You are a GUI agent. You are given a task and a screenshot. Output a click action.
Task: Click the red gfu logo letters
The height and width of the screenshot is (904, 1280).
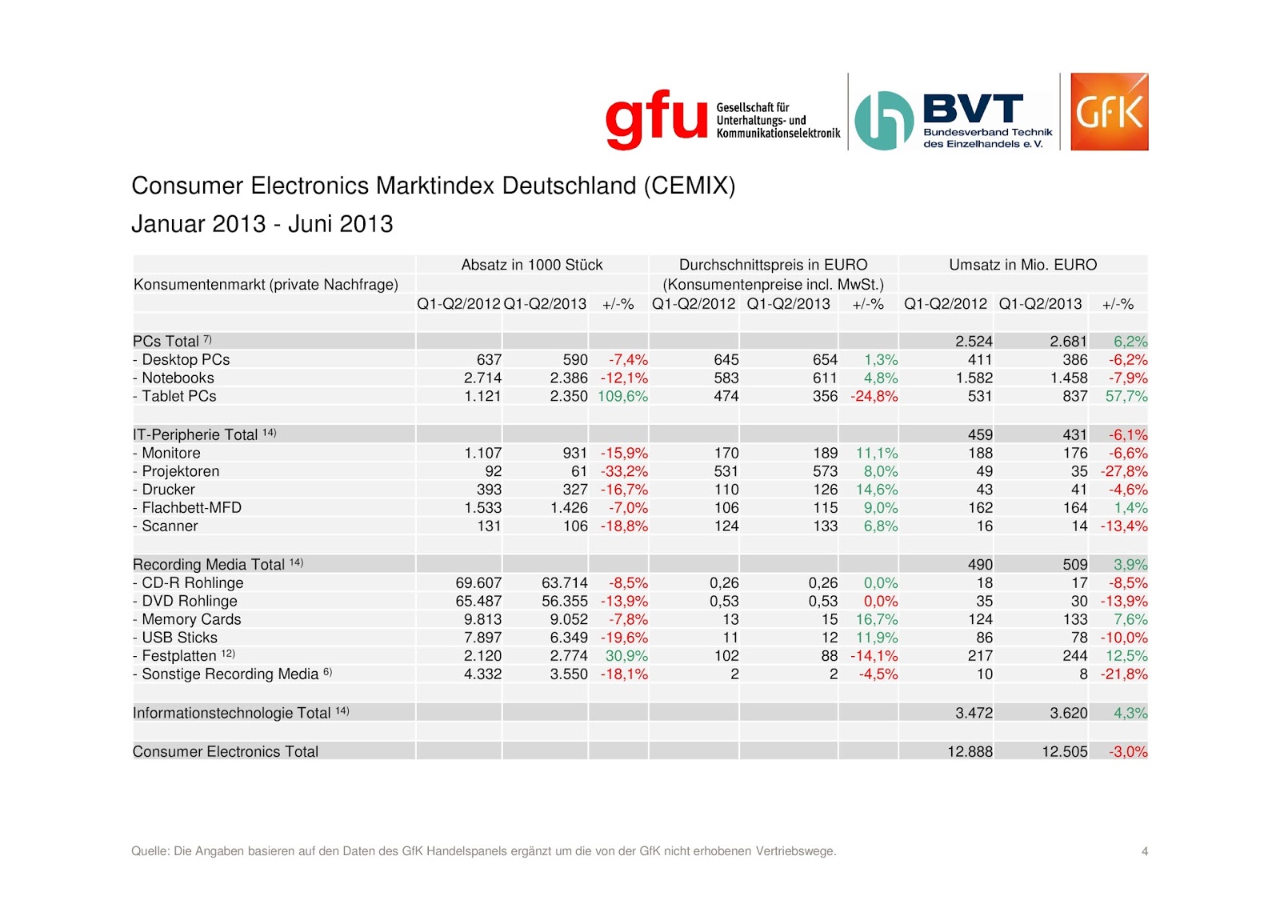pos(656,120)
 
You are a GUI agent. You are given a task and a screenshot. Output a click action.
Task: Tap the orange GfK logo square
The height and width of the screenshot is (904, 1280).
pos(1109,112)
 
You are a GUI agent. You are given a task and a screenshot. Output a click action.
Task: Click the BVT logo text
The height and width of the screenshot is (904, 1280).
pos(973,109)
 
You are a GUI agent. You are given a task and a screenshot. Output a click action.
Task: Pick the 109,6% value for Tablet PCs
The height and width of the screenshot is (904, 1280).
pos(622,396)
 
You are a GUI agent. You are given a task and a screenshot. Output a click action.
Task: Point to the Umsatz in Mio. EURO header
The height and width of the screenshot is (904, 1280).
pos(1022,265)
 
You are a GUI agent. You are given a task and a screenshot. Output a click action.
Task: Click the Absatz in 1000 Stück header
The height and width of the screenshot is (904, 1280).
pos(532,265)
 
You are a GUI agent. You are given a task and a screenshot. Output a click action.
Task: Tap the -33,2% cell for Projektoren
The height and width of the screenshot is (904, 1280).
pos(624,471)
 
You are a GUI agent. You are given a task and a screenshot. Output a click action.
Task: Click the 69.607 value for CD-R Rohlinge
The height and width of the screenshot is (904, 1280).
pos(478,582)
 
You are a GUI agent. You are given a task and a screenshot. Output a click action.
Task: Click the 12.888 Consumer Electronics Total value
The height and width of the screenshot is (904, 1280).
pos(970,751)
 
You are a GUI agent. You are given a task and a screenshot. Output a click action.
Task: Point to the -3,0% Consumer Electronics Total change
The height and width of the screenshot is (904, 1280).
pos(1128,751)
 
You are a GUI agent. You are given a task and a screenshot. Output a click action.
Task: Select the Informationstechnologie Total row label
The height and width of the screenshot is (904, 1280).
pos(231,713)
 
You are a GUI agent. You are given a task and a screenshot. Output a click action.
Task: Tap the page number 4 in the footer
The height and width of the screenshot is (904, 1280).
pos(1145,851)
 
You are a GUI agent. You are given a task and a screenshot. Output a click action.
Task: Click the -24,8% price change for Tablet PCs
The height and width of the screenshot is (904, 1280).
pos(874,396)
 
